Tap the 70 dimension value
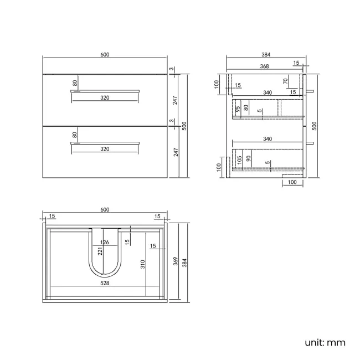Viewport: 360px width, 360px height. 286,81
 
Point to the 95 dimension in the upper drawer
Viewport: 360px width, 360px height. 238,109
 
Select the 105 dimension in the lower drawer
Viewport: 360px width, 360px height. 239,160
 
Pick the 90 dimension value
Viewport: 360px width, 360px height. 249,159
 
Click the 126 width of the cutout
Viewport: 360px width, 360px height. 105,241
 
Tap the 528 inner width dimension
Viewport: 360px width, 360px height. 105,283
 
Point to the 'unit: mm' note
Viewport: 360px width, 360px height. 325,342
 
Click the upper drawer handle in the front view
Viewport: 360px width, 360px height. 105,90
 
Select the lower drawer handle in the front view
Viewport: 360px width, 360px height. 105,142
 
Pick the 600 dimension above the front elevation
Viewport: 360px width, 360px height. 105,54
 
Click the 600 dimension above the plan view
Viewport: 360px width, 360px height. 105,209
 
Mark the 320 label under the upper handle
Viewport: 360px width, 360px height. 105,97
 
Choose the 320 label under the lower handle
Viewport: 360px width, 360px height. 105,149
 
